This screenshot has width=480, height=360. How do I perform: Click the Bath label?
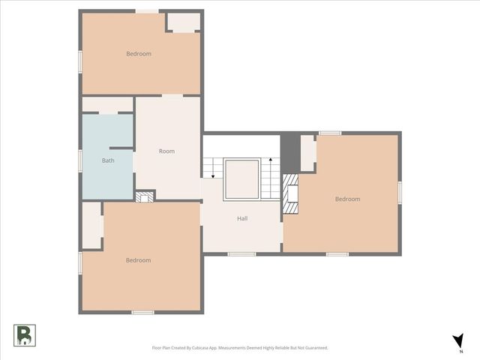click(108, 160)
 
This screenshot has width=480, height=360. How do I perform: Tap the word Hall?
click(242, 218)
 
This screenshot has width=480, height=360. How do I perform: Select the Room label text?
click(166, 151)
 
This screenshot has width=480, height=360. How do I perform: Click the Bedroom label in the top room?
click(139, 53)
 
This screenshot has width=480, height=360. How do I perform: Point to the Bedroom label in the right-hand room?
click(347, 199)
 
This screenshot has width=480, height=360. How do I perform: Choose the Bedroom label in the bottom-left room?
click(139, 260)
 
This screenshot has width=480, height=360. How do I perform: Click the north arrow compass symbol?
click(457, 341)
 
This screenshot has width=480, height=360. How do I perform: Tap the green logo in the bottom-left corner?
click(24, 334)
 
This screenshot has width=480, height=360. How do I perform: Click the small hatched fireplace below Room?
click(145, 196)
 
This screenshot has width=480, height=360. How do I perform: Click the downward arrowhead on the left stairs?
click(213, 176)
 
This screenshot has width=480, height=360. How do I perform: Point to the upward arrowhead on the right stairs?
click(270, 160)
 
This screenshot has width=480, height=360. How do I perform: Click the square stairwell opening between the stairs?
click(241, 178)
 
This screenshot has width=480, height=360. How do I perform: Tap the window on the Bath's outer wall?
click(80, 160)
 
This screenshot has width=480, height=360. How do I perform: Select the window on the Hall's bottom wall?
click(241, 254)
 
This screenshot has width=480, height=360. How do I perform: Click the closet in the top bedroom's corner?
click(182, 22)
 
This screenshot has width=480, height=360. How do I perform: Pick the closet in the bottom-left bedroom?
click(91, 224)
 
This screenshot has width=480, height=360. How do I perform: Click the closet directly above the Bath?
click(107, 104)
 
